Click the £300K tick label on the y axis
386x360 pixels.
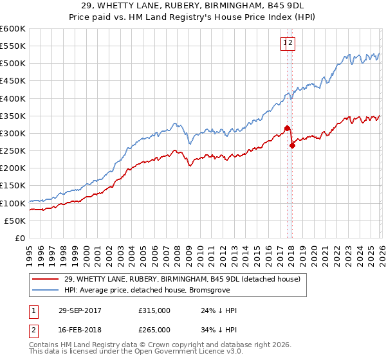click(12, 134)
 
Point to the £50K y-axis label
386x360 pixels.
click(14, 221)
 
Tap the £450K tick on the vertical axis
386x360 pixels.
click(12, 82)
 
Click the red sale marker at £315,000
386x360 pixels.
click(287, 128)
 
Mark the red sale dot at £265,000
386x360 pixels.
click(291, 145)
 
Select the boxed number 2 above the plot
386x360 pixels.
click(291, 43)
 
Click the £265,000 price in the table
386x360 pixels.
click(154, 329)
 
